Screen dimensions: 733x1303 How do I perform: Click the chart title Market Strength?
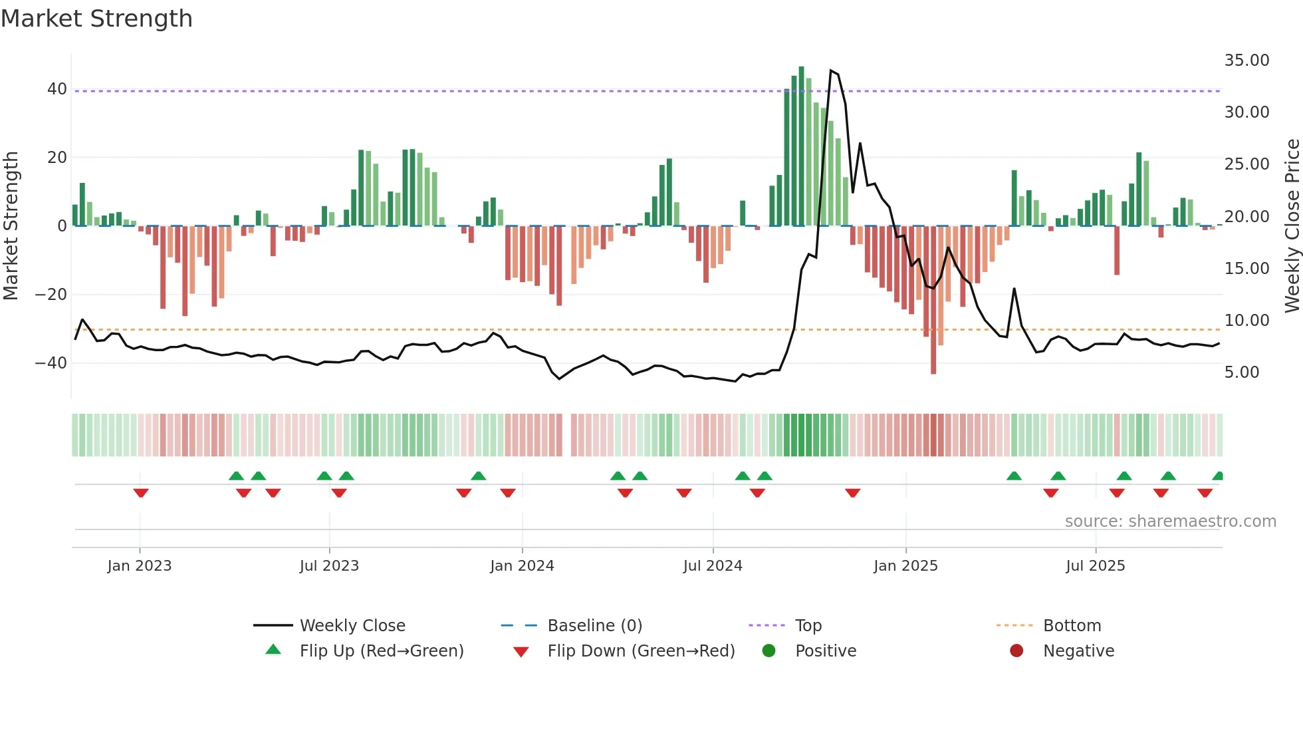coord(96,19)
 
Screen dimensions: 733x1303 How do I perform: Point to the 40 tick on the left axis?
coord(57,89)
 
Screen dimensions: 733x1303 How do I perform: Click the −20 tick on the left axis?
coord(51,295)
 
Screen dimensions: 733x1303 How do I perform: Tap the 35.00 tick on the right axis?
coord(1246,61)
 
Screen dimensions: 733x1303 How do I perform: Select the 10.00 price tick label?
coord(1246,321)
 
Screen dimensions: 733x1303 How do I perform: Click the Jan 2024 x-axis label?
coord(522,566)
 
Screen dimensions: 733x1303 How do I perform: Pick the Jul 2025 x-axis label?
coord(1095,566)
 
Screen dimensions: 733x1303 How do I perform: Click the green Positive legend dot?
coord(769,651)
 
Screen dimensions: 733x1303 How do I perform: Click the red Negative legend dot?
coord(1016,651)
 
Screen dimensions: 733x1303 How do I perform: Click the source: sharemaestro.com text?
coord(1170,521)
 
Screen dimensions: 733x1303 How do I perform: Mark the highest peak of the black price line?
coord(831,71)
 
